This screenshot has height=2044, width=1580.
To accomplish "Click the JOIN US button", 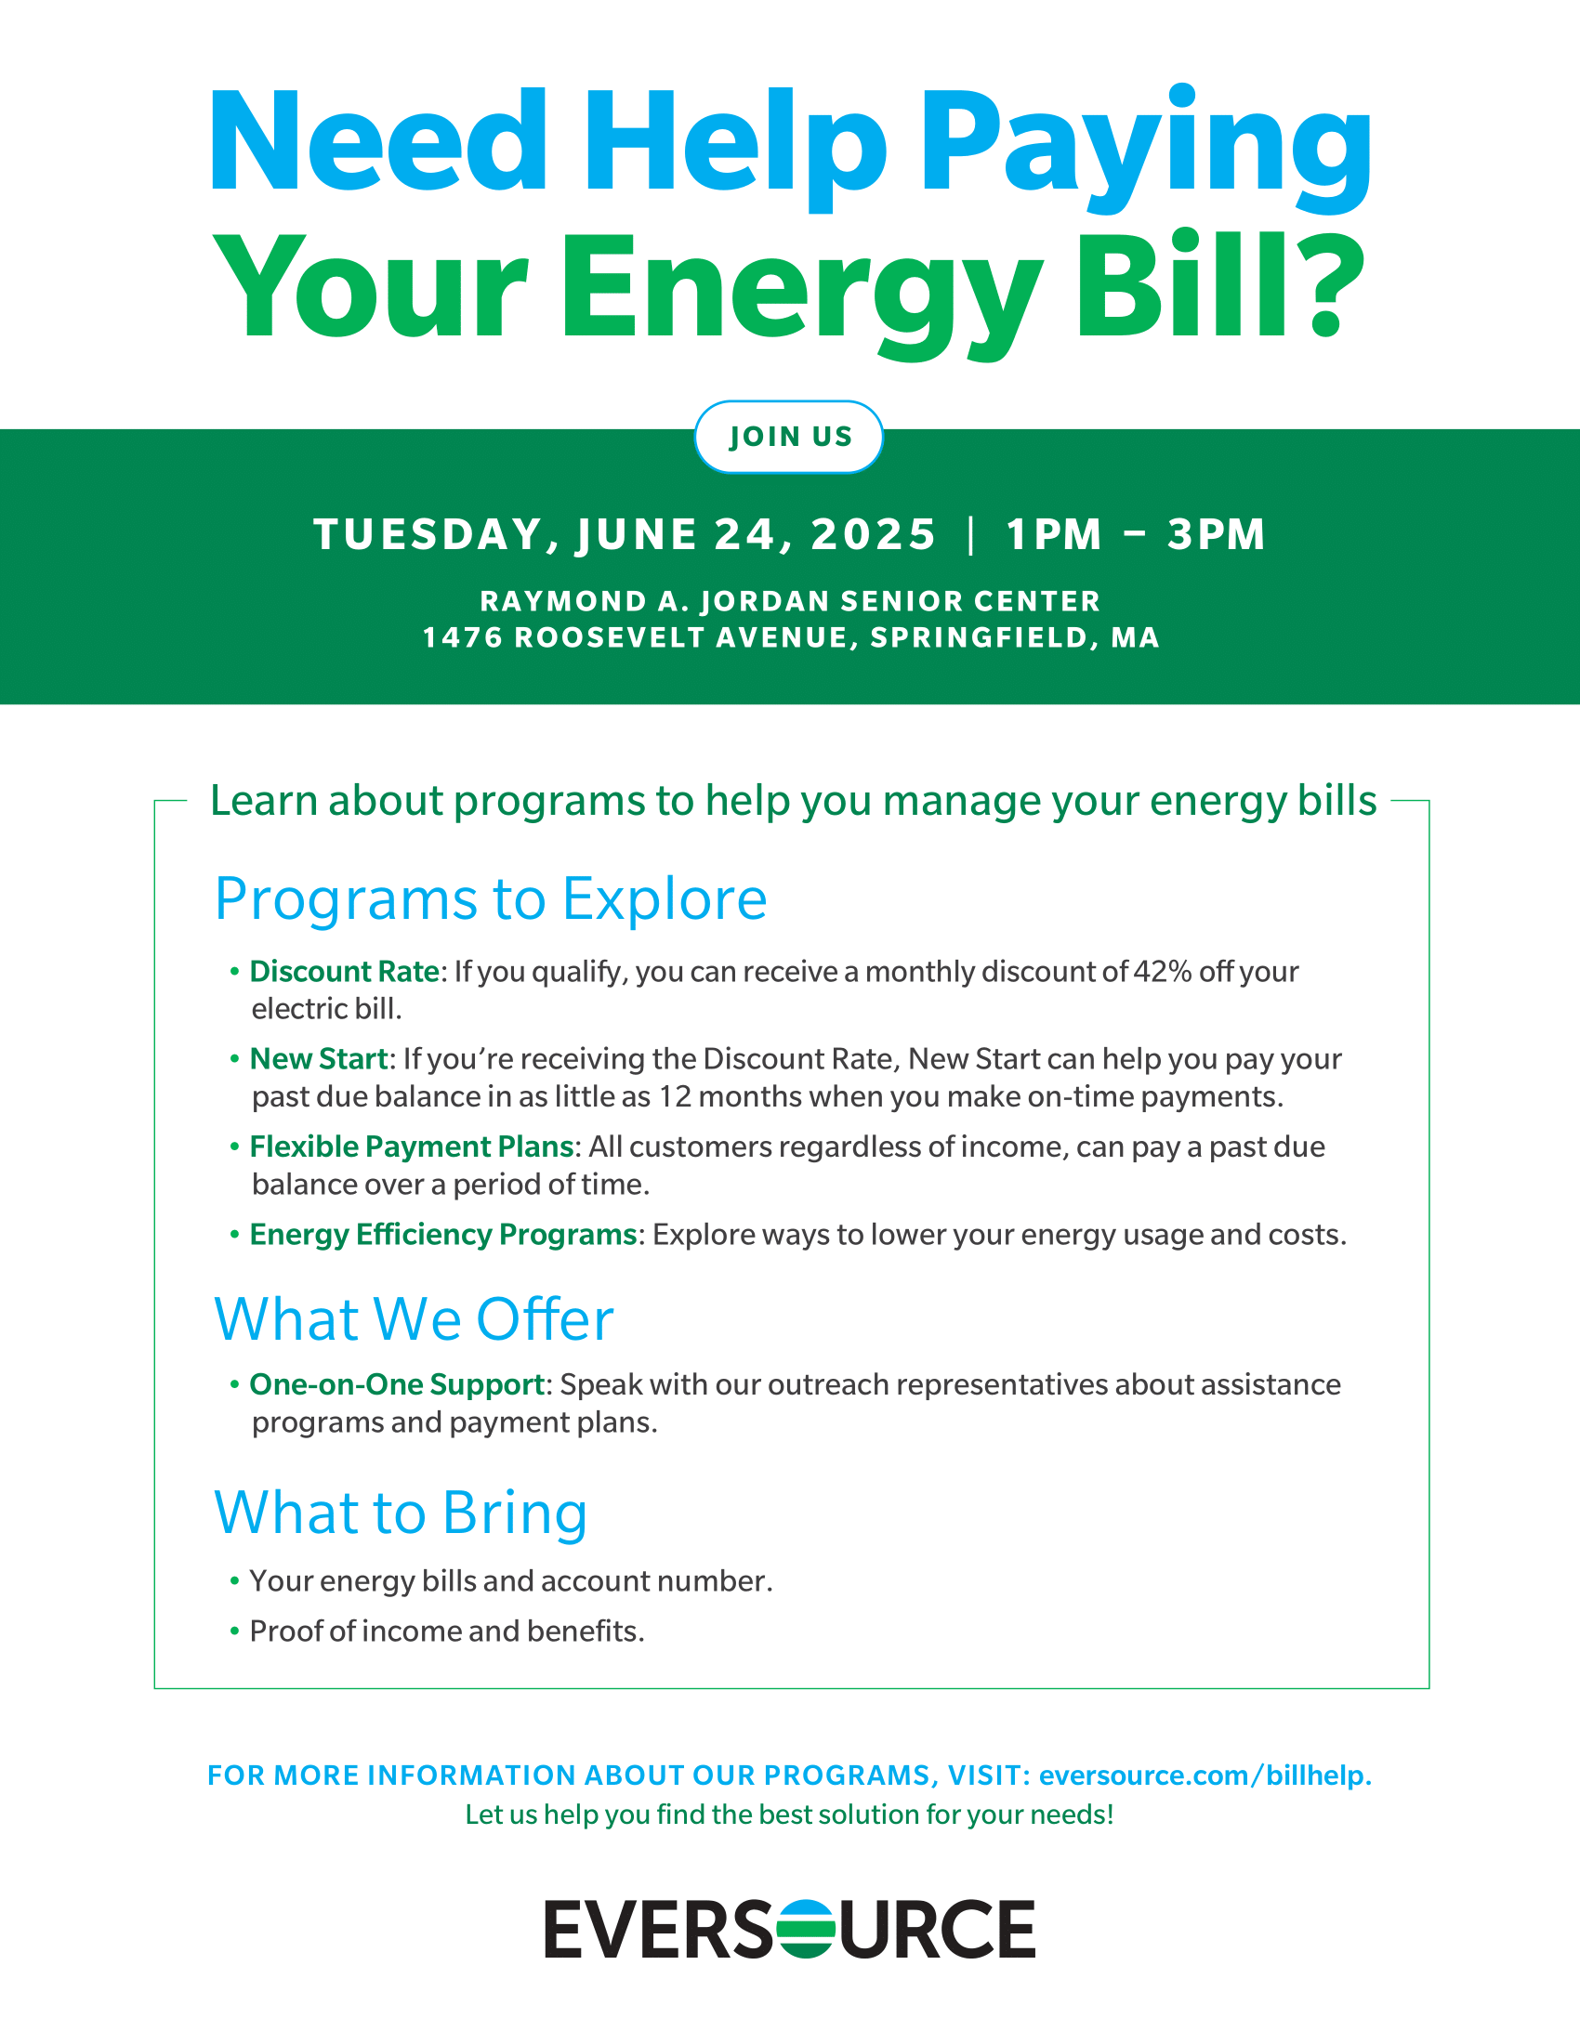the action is point(788,436).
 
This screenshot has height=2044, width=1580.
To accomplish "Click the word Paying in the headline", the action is point(1147,150).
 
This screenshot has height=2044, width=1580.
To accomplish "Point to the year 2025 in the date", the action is point(874,534).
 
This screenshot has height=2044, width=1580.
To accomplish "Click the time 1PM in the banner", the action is point(1054,534).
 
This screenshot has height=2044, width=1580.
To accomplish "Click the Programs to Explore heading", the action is point(491,899).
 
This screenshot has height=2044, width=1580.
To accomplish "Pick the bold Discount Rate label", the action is point(344,972).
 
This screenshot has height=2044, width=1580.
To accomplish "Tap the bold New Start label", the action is point(318,1058).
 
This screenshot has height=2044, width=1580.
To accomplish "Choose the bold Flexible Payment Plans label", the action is point(411,1146).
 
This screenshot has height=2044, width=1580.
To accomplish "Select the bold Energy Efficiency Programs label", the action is point(442,1235).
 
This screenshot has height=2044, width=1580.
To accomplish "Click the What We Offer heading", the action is point(414,1319).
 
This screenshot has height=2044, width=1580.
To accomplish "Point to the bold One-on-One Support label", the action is point(397,1384).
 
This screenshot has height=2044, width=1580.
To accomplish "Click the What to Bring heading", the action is point(401,1513).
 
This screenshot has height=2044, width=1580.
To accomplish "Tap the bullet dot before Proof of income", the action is point(235,1632).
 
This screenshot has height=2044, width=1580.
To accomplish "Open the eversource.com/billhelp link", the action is point(1205,1775).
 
